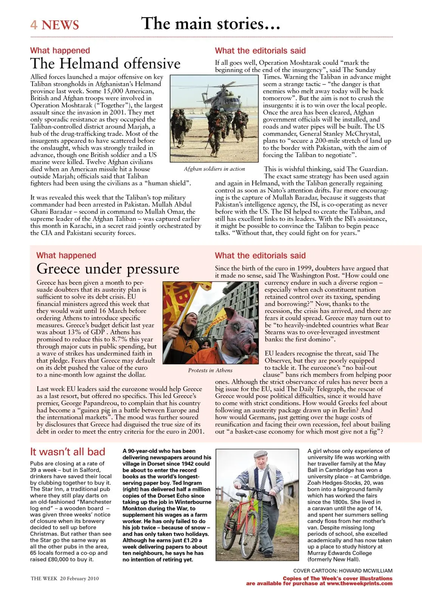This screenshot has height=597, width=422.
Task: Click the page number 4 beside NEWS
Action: [x=34, y=25]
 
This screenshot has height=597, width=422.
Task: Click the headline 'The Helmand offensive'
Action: [x=105, y=64]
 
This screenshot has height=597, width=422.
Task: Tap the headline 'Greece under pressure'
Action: [x=108, y=269]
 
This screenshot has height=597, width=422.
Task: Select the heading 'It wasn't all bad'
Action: [x=68, y=452]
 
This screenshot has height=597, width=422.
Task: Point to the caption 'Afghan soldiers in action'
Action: [x=214, y=169]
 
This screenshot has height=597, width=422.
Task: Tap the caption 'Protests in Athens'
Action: [x=210, y=371]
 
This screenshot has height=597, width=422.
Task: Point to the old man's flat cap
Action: [x=261, y=454]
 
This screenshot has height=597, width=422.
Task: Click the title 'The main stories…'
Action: [x=211, y=23]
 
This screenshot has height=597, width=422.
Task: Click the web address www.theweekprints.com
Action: [x=359, y=583]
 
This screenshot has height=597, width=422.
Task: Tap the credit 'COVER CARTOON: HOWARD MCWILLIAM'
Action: [x=343, y=571]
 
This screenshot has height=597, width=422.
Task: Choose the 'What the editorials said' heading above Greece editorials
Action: [x=260, y=256]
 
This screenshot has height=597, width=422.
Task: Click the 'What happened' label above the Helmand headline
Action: [x=60, y=51]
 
